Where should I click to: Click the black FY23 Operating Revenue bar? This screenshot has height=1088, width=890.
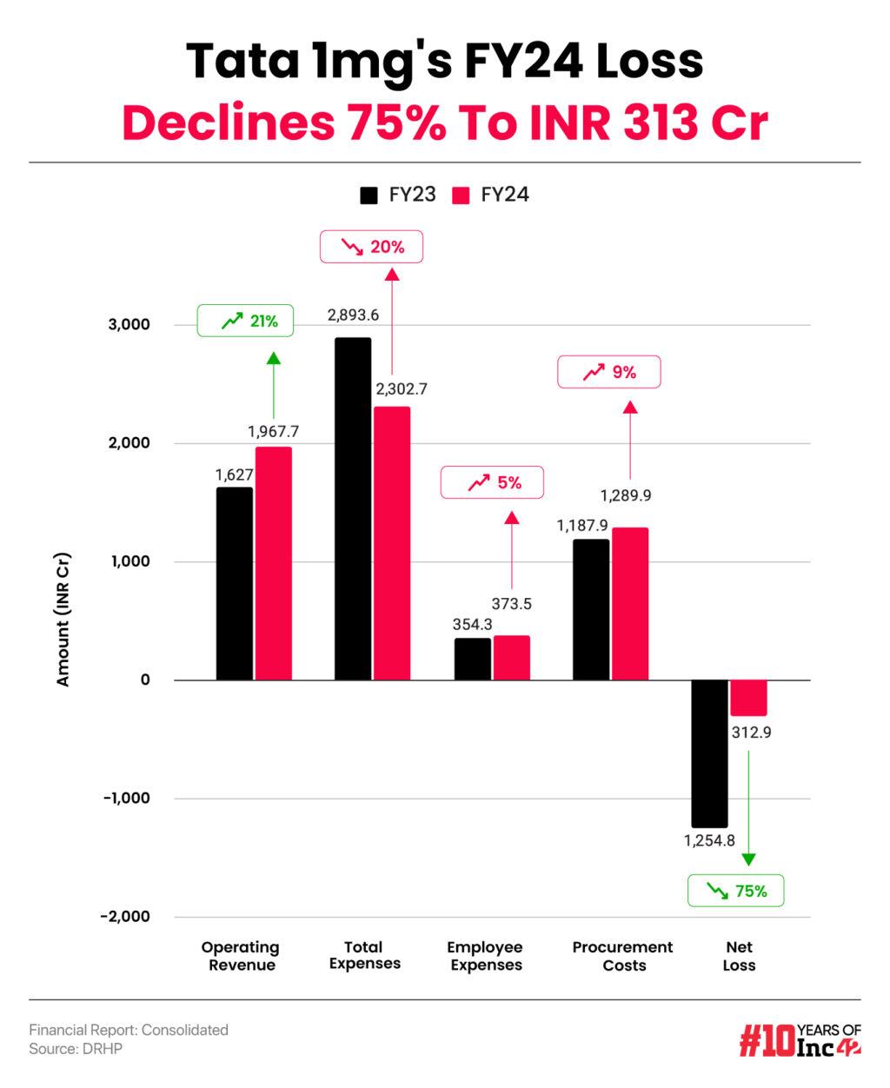234,583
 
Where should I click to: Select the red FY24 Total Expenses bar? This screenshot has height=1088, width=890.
392,543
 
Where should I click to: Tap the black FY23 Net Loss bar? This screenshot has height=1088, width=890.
709,753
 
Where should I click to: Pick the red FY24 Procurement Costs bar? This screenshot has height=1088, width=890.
630,603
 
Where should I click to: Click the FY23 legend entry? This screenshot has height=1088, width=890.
398,195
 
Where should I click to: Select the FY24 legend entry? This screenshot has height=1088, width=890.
491,195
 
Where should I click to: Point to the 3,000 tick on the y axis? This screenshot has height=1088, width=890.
129,325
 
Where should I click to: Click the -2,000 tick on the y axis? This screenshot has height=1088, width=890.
125,917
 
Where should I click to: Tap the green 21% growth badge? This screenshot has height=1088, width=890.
245,322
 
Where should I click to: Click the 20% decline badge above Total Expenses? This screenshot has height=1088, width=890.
372,247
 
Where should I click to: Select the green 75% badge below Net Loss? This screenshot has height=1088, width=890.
735,891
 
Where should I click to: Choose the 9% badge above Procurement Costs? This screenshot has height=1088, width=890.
608,372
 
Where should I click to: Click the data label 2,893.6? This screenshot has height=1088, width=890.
353,315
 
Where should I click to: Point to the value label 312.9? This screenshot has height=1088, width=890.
751,733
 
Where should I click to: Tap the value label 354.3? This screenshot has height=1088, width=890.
473,624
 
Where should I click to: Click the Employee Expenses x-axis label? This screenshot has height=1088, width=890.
485,956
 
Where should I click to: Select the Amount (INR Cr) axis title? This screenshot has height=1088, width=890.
63,619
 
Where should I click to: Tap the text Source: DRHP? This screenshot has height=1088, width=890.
76,1049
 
